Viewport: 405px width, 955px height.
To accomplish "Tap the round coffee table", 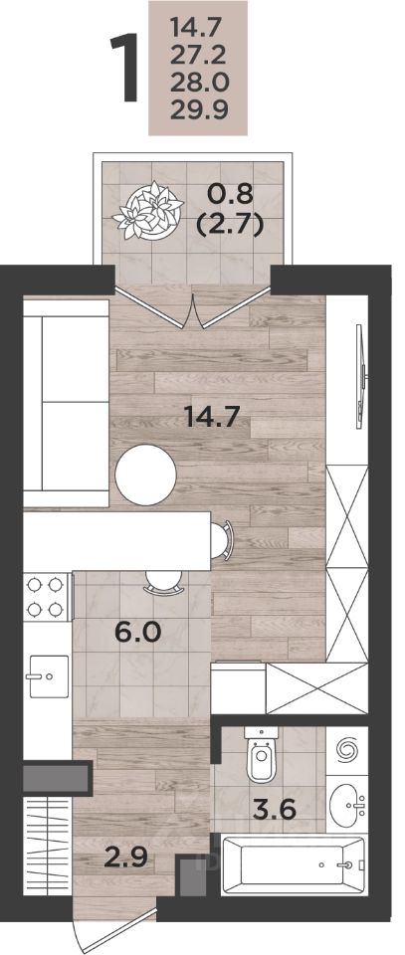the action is coord(145,475).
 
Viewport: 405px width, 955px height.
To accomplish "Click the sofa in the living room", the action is coord(67,404).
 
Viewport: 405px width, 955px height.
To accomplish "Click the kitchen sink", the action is coord(49,675).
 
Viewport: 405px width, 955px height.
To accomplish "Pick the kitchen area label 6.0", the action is coord(137,633).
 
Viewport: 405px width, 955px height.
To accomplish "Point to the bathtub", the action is coord(294,864).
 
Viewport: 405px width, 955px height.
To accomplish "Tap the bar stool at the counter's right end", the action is coord(222,539).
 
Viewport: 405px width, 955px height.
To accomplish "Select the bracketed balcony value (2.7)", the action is coord(229,226).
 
